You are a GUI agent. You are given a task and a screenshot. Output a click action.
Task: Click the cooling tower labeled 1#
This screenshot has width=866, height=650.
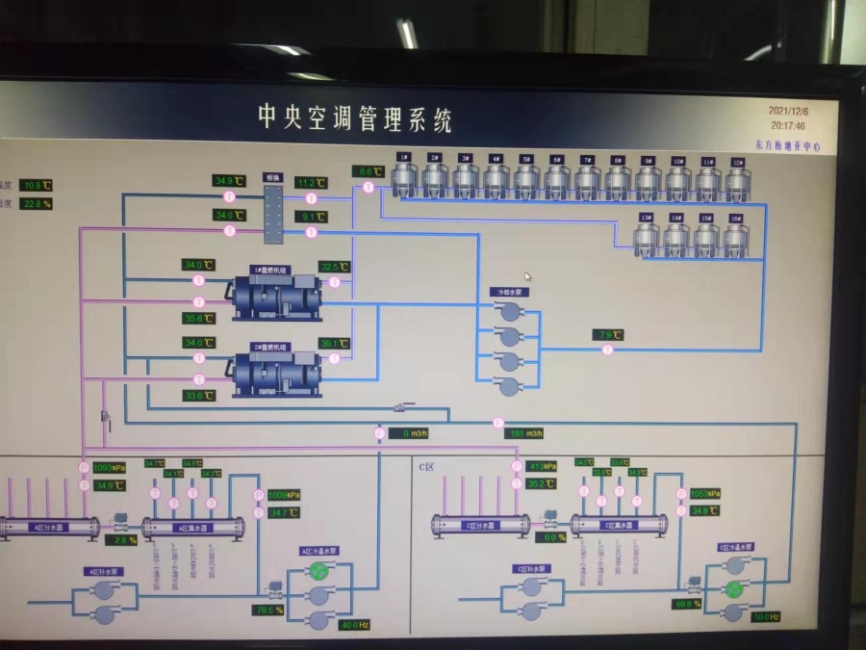[406, 179]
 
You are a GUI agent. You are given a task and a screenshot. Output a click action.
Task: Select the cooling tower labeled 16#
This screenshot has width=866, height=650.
[736, 237]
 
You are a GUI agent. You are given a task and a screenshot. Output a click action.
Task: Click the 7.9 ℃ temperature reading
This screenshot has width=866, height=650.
[608, 335]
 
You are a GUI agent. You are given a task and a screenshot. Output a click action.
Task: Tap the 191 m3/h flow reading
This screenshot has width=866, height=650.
[525, 433]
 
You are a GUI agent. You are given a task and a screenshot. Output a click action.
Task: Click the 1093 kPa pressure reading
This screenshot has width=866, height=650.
[110, 468]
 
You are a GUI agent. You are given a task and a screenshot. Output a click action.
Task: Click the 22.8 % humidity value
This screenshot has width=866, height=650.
[37, 204]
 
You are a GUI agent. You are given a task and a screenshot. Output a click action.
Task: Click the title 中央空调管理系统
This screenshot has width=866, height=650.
[354, 118]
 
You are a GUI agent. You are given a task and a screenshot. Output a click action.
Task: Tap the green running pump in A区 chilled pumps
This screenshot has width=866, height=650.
[318, 571]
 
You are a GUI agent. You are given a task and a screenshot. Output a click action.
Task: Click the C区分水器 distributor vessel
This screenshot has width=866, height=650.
[480, 525]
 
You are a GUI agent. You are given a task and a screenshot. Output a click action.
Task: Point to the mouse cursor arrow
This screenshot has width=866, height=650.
[527, 277]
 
